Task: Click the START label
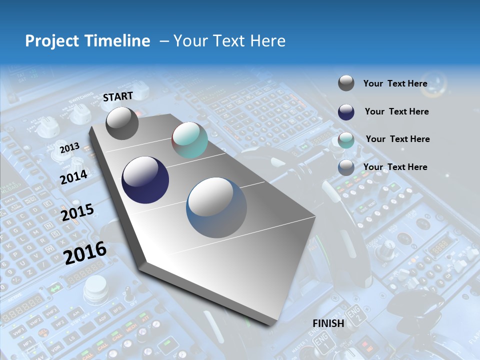118,96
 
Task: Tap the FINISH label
328,323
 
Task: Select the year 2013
69,148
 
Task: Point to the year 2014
73,177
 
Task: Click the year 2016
85,252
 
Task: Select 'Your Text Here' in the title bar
229,41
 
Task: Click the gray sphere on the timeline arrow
122,123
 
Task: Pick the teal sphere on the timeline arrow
189,140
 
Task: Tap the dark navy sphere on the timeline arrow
145,180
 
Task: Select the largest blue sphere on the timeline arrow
216,207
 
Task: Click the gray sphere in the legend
346,83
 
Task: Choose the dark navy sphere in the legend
346,112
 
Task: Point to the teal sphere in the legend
346,140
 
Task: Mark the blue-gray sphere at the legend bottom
346,167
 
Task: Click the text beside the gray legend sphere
395,83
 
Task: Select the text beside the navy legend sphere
396,111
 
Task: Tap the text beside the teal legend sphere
397,139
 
